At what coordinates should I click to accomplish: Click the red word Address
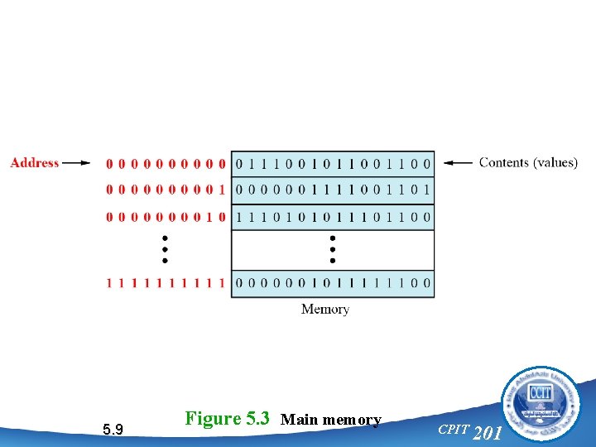coord(35,163)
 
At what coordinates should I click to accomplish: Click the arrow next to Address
coord(76,163)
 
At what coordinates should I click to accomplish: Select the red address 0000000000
coord(166,163)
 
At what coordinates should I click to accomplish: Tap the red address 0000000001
coord(166,190)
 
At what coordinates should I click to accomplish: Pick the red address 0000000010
coord(166,217)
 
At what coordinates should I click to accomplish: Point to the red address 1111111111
coord(166,283)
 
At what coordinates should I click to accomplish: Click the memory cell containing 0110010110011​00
coord(332,163)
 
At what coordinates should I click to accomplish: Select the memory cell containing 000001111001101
coord(332,190)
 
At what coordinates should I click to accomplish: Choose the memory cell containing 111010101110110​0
coord(332,217)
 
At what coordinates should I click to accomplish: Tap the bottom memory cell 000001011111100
coord(332,283)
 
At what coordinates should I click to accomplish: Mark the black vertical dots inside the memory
coord(332,248)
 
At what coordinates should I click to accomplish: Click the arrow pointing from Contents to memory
coord(458,163)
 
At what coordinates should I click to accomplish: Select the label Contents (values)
coord(528,163)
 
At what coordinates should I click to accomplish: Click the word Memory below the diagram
coord(325,310)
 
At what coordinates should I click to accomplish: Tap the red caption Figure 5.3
coord(228,418)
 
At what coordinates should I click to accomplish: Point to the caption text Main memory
coord(331,420)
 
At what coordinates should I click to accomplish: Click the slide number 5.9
coord(113,429)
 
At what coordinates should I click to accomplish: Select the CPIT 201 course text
coord(469,430)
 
